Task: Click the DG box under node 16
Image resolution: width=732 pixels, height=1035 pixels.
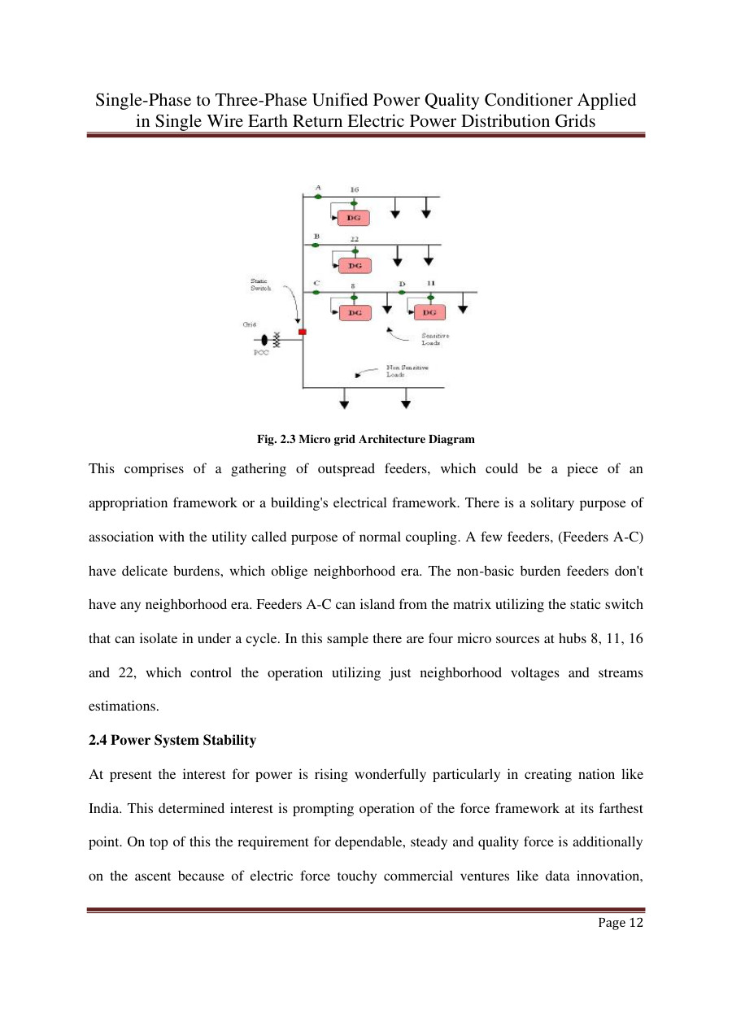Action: coord(355,218)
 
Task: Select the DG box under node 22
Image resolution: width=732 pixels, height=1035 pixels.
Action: coord(355,266)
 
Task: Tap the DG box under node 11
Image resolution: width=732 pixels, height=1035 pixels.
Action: coord(429,312)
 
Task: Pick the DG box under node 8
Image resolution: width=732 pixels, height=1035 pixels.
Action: coord(355,312)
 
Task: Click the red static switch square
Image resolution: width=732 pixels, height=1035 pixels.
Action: coord(302,332)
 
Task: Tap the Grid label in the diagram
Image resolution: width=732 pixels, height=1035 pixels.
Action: coord(250,324)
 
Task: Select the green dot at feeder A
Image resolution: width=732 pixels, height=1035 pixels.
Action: coord(318,197)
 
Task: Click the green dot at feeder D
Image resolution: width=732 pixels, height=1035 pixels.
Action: coord(402,292)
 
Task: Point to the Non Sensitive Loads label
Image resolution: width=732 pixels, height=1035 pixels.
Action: coord(407,371)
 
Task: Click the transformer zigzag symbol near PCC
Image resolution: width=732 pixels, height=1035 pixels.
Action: coord(277,340)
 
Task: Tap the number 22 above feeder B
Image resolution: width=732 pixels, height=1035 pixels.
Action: coord(355,238)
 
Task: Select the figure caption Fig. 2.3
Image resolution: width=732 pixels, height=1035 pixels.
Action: coord(365,439)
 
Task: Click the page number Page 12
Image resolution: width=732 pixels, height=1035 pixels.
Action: coord(620,922)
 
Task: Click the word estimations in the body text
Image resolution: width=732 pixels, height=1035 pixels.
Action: coord(124,707)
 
